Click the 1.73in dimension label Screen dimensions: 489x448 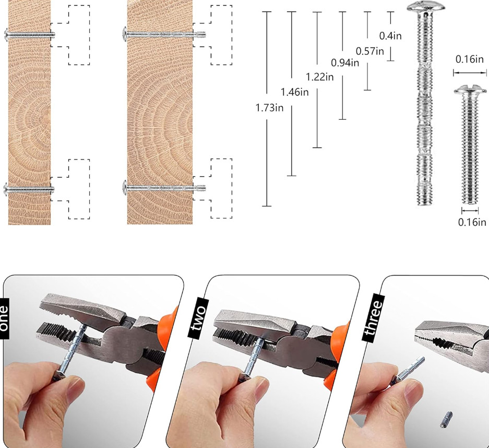269,108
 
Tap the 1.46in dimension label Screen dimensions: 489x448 295,92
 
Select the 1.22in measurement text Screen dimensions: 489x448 320,77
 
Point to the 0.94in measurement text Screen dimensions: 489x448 345,63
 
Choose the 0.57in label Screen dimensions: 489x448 370,51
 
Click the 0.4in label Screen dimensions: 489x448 390,36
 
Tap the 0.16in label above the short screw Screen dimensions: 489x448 470,59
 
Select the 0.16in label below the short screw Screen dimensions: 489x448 472,222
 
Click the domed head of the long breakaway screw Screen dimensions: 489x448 426,7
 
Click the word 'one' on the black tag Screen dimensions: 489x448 4,318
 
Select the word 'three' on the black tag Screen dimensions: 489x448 373,317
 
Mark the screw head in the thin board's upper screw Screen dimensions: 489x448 7,35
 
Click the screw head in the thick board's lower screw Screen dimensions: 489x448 125,188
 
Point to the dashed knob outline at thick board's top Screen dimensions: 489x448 212,35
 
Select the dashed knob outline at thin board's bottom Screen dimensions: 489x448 70,189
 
